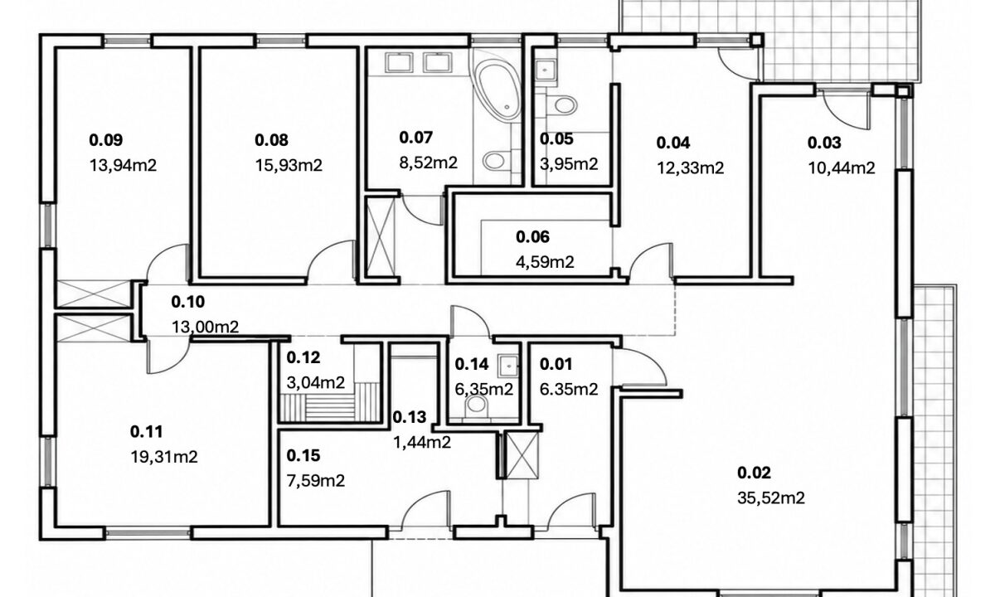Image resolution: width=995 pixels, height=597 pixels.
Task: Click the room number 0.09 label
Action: click(x=106, y=140)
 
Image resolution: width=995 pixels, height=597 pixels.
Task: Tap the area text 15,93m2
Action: click(x=289, y=166)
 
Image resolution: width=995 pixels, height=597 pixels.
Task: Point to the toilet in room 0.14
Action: click(x=476, y=405)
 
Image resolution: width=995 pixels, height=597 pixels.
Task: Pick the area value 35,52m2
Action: click(x=770, y=498)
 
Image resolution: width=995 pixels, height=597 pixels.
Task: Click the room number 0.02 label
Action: click(x=754, y=473)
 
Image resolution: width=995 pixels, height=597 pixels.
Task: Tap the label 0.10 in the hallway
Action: click(x=188, y=302)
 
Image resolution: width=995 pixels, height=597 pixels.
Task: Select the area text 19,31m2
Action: click(x=164, y=457)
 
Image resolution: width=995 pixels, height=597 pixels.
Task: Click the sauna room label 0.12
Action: click(x=303, y=357)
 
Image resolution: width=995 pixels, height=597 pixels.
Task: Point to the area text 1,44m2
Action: click(x=422, y=443)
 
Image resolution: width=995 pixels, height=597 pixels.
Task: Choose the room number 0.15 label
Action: click(x=303, y=456)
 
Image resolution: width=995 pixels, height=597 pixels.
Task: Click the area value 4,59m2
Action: click(x=545, y=262)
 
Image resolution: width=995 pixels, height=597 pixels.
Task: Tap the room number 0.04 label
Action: click(x=673, y=143)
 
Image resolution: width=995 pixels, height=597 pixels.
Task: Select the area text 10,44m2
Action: click(x=841, y=167)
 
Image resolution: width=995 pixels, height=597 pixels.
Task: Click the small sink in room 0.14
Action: click(x=508, y=366)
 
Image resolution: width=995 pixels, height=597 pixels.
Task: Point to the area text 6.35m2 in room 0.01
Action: click(x=569, y=390)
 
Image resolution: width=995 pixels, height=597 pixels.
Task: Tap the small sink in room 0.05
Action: click(x=545, y=70)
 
